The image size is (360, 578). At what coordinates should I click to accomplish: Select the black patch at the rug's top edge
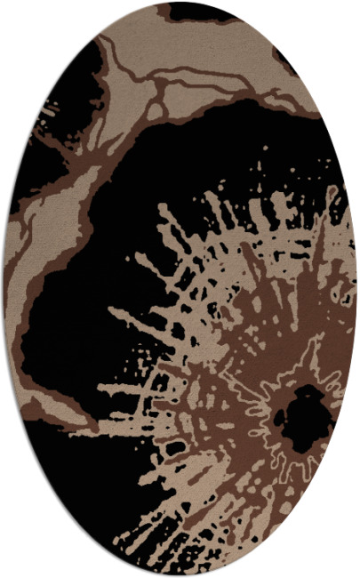click(x=200, y=12)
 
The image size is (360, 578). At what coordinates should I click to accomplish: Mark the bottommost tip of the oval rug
click(x=180, y=574)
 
